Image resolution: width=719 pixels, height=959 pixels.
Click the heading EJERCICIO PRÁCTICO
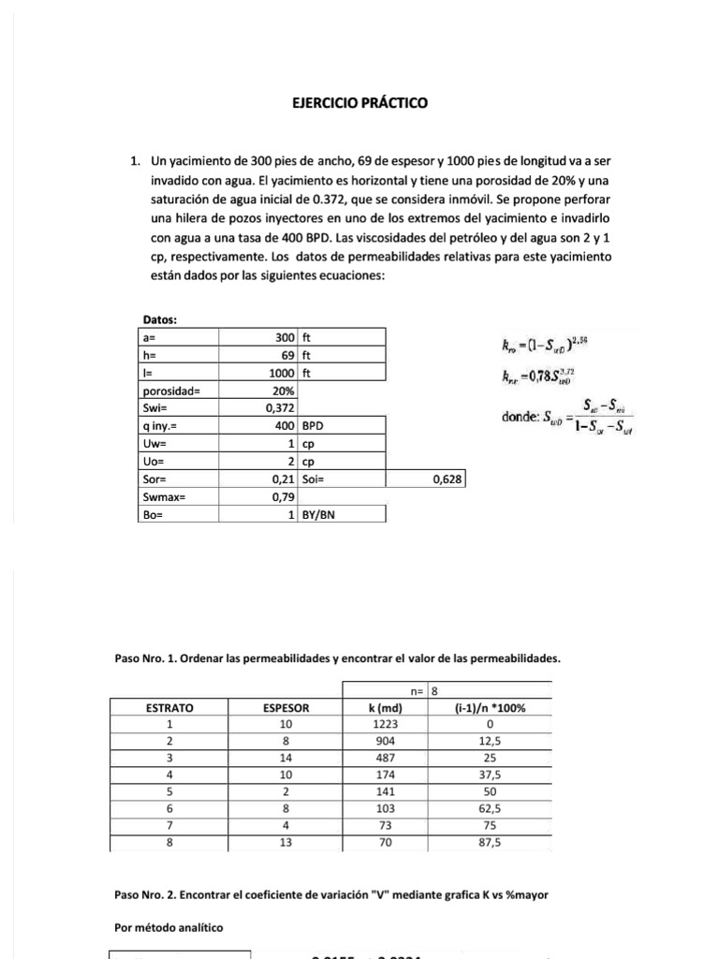[x=360, y=103]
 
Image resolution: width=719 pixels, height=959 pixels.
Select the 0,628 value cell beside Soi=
[x=442, y=479]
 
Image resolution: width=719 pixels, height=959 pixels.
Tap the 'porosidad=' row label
[x=168, y=390]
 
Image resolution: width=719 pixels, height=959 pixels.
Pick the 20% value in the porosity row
[x=283, y=390]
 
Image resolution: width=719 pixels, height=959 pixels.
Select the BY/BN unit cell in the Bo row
[x=320, y=514]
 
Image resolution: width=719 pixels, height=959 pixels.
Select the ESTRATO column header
[x=169, y=708]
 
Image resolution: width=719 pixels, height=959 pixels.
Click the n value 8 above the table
[x=434, y=691]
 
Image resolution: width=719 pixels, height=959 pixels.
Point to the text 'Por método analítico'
[x=169, y=928]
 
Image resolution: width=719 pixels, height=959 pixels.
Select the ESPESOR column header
[x=286, y=708]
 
